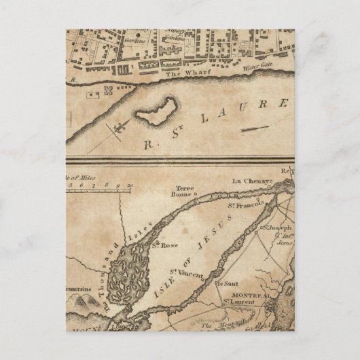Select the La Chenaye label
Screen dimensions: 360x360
[x=247, y=181]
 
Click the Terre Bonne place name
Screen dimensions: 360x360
[x=184, y=192]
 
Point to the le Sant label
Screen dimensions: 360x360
[x=221, y=282]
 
